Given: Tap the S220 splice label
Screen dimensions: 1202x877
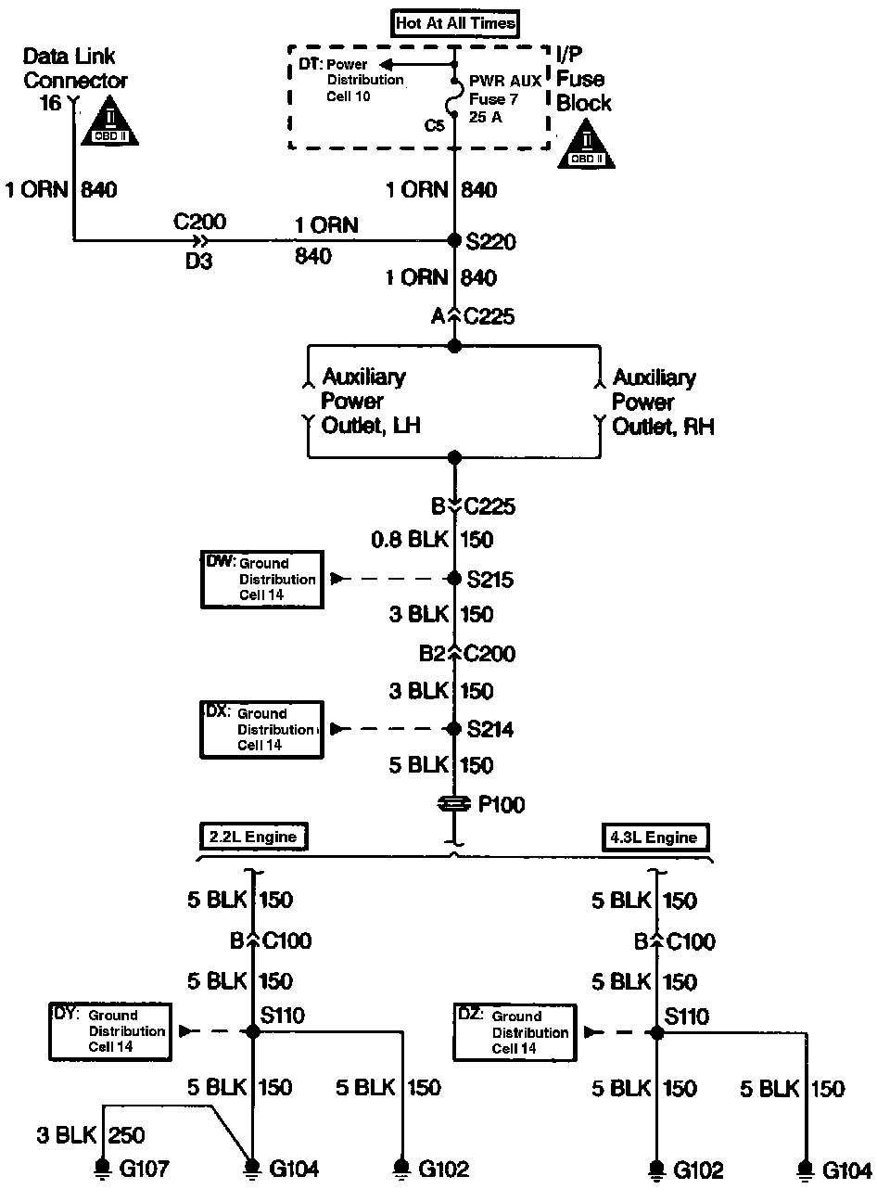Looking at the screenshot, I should coord(491,242).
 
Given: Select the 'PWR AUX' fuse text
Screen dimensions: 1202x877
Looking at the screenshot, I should coord(504,82).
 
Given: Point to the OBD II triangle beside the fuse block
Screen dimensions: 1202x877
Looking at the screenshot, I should coord(587,147).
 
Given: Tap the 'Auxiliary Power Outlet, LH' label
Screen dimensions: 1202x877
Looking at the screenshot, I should coord(363,402).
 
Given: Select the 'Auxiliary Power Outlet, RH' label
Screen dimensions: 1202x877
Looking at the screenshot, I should coord(662,402).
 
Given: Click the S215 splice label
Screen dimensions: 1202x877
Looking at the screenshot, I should coord(491,580).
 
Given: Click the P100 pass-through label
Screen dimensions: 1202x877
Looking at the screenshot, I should coord(501,805).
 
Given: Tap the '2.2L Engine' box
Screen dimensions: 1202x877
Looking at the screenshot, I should coord(253,837).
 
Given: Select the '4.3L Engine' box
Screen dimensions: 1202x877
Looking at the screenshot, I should coord(654,838).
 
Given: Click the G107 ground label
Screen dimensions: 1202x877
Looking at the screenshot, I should coord(145,1169).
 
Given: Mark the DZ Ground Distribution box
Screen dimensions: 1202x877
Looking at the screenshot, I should coord(515,1032).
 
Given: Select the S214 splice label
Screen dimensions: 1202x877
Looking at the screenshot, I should coord(491,730).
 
